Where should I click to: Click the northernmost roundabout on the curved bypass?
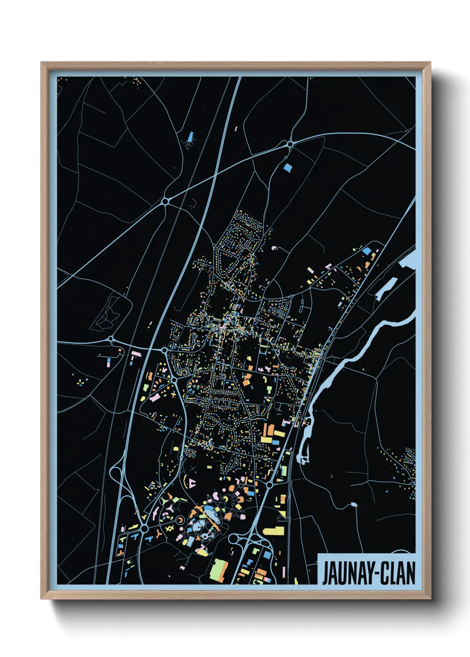[x=290, y=144]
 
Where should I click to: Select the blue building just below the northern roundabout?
[x=288, y=168]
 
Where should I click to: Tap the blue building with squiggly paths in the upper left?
[x=191, y=137]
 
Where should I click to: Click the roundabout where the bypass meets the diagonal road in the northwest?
[x=165, y=202]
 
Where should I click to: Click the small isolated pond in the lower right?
[x=354, y=505]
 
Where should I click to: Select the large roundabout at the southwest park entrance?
[x=144, y=529]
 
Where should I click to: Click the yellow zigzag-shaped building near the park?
[x=169, y=528]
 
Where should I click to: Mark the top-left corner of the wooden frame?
[x=42, y=63]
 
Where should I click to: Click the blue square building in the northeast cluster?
[x=366, y=251]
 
